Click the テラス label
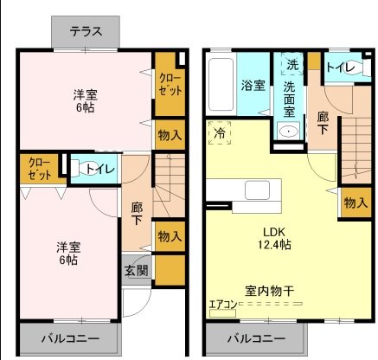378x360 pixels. pos(86,32)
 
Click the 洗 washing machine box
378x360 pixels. pos(292,65)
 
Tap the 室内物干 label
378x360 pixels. pos(271,291)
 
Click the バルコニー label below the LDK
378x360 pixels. pos(257,338)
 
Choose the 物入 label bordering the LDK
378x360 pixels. pos(356,202)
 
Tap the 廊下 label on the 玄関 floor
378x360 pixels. pos(138,214)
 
